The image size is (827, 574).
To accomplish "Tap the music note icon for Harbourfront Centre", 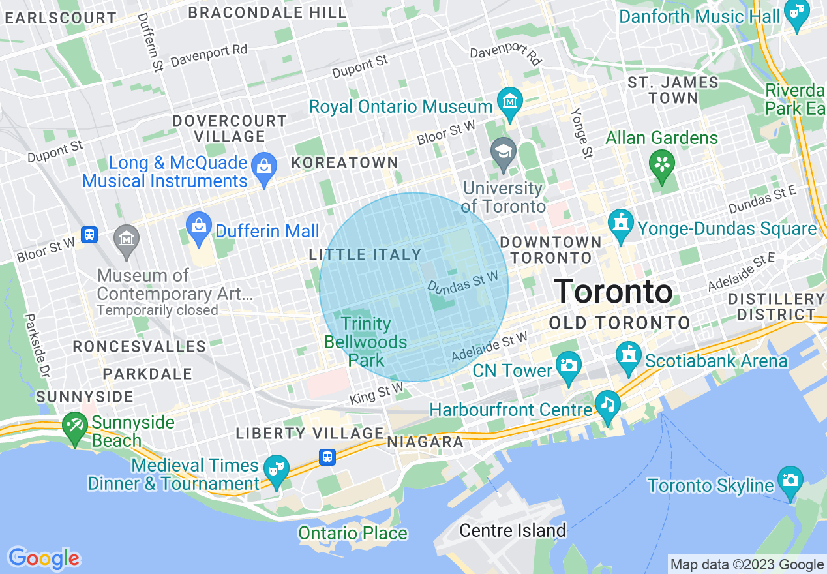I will (x=608, y=404).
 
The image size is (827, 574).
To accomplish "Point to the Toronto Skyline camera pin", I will (x=790, y=480).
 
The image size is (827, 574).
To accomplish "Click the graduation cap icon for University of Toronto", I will (x=503, y=153).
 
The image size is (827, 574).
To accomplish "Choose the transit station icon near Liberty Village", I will (x=328, y=457).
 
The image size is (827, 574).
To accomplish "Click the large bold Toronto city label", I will (x=613, y=291).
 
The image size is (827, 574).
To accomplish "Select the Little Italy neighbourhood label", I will (x=365, y=255).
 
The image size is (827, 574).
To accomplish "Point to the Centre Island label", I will (x=513, y=530).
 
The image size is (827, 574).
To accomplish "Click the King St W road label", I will (x=376, y=394).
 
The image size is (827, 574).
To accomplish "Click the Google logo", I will (x=44, y=558).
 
